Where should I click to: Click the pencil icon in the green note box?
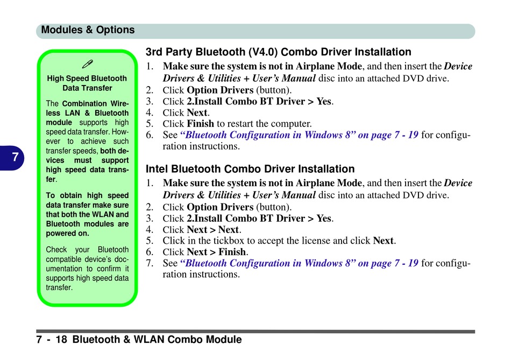87,64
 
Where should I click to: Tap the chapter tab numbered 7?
12,158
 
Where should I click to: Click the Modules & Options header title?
88,30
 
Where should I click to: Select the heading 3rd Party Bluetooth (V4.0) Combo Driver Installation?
278,52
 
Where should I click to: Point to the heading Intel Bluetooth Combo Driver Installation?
250,169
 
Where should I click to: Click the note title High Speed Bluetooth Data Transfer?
87,83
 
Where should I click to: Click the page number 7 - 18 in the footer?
52,340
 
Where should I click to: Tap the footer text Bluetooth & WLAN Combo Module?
157,340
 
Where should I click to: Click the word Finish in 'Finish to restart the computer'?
201,124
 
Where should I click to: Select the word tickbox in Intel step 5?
229,241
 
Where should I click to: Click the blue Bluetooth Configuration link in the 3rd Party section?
299,135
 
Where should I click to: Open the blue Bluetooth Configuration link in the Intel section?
299,263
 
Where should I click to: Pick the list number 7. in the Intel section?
150,263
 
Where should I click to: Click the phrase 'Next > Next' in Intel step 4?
213,230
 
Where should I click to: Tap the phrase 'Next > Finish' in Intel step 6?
216,252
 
